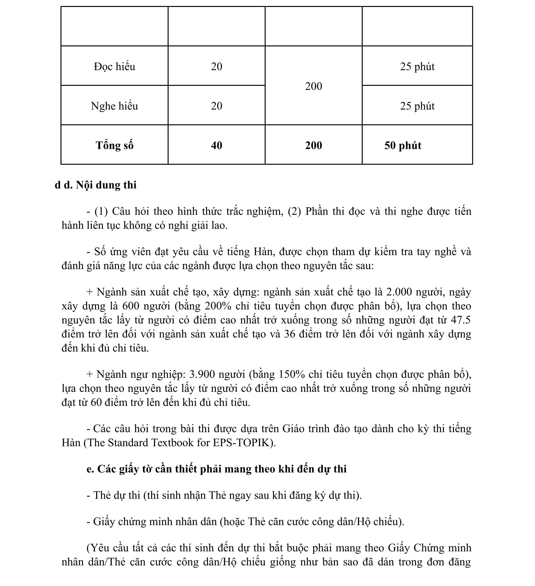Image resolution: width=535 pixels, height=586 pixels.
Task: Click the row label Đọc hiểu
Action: pos(114,67)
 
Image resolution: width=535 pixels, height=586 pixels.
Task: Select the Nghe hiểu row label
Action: pos(114,106)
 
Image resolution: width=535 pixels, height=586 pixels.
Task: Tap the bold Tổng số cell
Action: pos(114,145)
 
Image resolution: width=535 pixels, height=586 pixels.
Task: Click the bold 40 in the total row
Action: pos(217,145)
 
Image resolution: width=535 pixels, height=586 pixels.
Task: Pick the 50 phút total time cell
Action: pos(403,145)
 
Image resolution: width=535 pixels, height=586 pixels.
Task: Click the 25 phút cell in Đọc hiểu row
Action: pos(417,67)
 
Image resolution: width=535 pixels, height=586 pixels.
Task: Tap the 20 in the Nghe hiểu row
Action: pos(217,106)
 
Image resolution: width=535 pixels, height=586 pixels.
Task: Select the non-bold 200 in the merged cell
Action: pos(313,86)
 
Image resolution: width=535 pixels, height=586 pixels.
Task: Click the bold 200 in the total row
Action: pos(313,145)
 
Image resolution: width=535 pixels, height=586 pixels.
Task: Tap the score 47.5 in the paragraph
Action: pos(461,320)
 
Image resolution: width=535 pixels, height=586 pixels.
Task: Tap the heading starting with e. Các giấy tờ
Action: pos(216,469)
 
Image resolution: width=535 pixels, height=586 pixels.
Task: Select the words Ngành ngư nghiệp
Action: pos(141,375)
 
